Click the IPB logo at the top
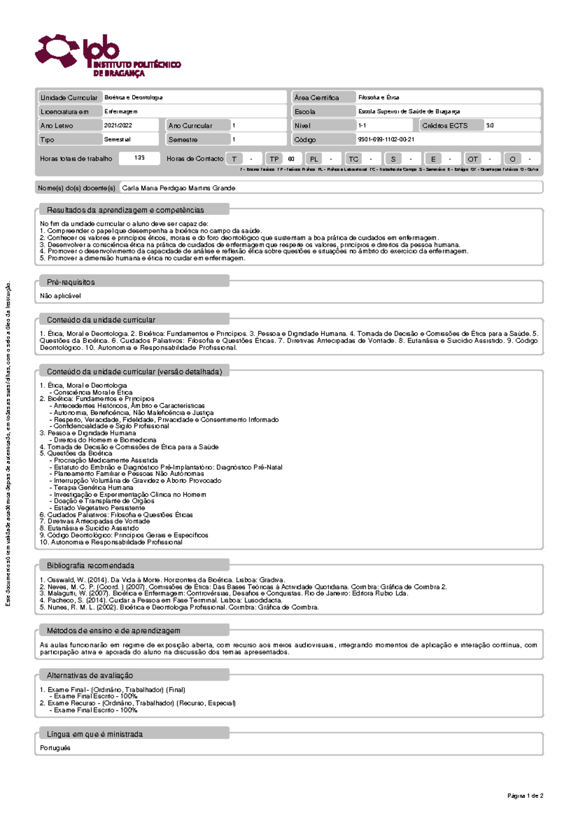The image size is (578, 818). [x=107, y=55]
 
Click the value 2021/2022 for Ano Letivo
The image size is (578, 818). [x=118, y=125]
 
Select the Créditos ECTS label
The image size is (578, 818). [x=445, y=126]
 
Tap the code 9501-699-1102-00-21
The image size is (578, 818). [x=386, y=140]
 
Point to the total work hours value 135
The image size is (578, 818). [x=139, y=158]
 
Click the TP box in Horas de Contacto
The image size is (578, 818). [x=274, y=159]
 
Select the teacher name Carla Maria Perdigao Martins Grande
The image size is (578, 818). [x=179, y=188]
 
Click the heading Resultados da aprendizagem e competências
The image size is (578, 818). [x=125, y=210]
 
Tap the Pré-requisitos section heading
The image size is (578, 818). [x=71, y=282]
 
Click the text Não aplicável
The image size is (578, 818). [x=60, y=296]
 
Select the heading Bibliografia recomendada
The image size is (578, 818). [x=91, y=566]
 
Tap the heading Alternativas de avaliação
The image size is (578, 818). [x=90, y=675]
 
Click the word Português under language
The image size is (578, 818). [x=55, y=748]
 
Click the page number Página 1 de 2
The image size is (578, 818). [x=525, y=796]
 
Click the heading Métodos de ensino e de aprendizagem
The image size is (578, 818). [x=113, y=631]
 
